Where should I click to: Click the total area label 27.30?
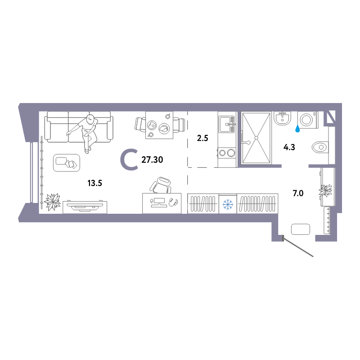coord(152,160)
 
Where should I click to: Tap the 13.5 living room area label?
coord(94,183)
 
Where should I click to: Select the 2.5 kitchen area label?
coord(202,138)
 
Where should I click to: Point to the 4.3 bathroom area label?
coord(289,147)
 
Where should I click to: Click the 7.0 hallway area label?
coord(298,193)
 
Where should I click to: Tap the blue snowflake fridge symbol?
coord(228,204)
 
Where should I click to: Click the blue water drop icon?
coord(297,129)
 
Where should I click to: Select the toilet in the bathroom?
coord(320,147)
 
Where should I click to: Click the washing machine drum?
coord(307,119)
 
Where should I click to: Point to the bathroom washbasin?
coord(283,118)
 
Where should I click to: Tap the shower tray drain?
coord(256,138)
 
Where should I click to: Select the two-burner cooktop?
coord(227,153)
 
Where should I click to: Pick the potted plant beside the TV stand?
coord(53,202)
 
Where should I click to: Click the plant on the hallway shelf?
coord(325,190)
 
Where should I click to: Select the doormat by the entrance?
coord(301,229)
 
